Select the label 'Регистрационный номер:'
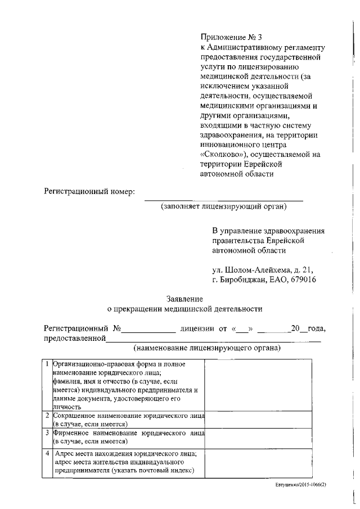pos(90,192)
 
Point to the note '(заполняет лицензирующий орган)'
pos(223,206)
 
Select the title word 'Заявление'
pos(184,299)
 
